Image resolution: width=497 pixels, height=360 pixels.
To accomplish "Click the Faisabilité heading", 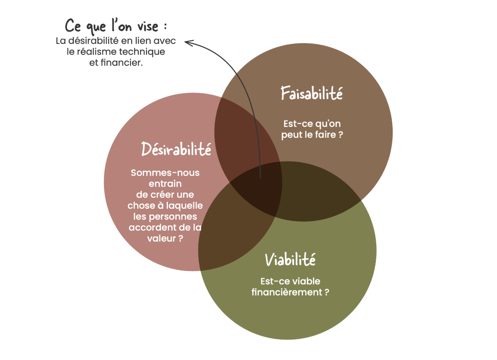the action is [311, 93].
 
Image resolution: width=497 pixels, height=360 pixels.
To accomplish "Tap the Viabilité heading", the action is [290, 259].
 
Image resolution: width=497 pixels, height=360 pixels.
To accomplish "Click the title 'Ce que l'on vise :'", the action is [116, 27].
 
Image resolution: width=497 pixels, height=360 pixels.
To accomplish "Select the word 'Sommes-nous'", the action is [165, 173].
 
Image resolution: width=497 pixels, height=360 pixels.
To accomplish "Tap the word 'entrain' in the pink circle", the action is [165, 184].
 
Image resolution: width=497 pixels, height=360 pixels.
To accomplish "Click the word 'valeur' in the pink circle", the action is [161, 238].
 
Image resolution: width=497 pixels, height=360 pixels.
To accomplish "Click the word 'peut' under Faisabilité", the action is [290, 134].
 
